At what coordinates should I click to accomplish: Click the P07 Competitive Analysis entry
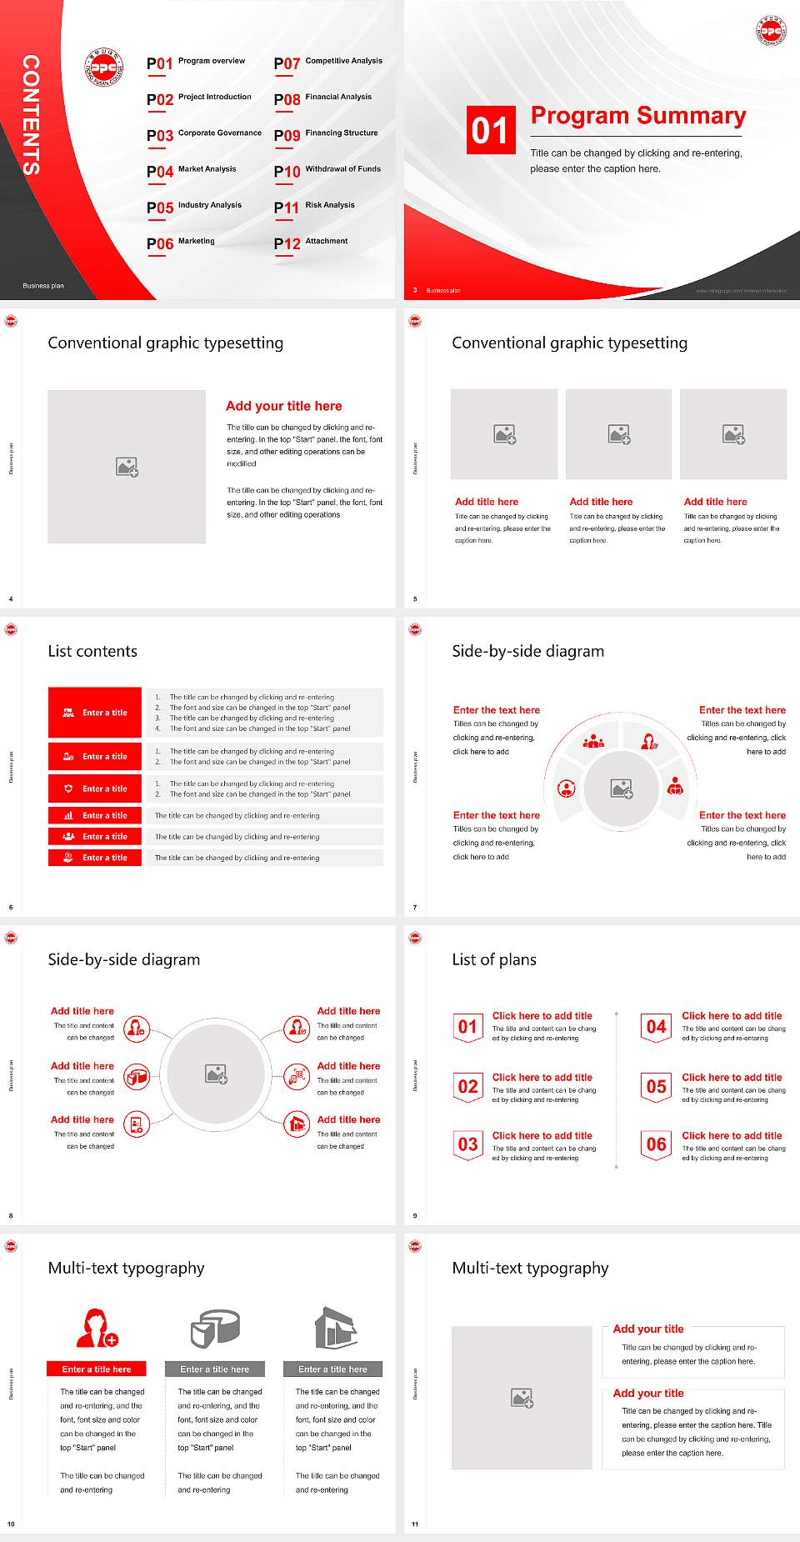[x=328, y=63]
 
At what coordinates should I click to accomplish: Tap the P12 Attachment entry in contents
[x=311, y=243]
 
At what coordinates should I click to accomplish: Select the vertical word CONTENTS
[x=31, y=115]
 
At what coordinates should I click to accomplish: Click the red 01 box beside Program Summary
[x=490, y=130]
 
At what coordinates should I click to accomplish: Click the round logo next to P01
[x=104, y=66]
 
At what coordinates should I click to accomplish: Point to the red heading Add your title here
[x=283, y=406]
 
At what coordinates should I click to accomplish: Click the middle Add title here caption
[x=601, y=502]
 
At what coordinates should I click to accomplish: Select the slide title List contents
[x=92, y=651]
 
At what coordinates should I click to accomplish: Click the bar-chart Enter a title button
[x=95, y=815]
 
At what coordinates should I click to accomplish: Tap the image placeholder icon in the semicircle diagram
[x=622, y=789]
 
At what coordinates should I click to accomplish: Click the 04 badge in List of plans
[x=657, y=1027]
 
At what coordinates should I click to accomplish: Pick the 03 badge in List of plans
[x=468, y=1144]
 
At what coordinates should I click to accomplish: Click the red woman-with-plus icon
[x=97, y=1328]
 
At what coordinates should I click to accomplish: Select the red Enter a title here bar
[x=96, y=1369]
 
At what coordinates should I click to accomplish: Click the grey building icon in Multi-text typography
[x=336, y=1328]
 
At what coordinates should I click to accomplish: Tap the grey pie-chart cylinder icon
[x=215, y=1328]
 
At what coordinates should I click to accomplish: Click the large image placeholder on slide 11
[x=522, y=1398]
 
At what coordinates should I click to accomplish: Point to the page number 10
[x=11, y=1524]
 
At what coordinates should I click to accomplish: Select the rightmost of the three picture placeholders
[x=733, y=434]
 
